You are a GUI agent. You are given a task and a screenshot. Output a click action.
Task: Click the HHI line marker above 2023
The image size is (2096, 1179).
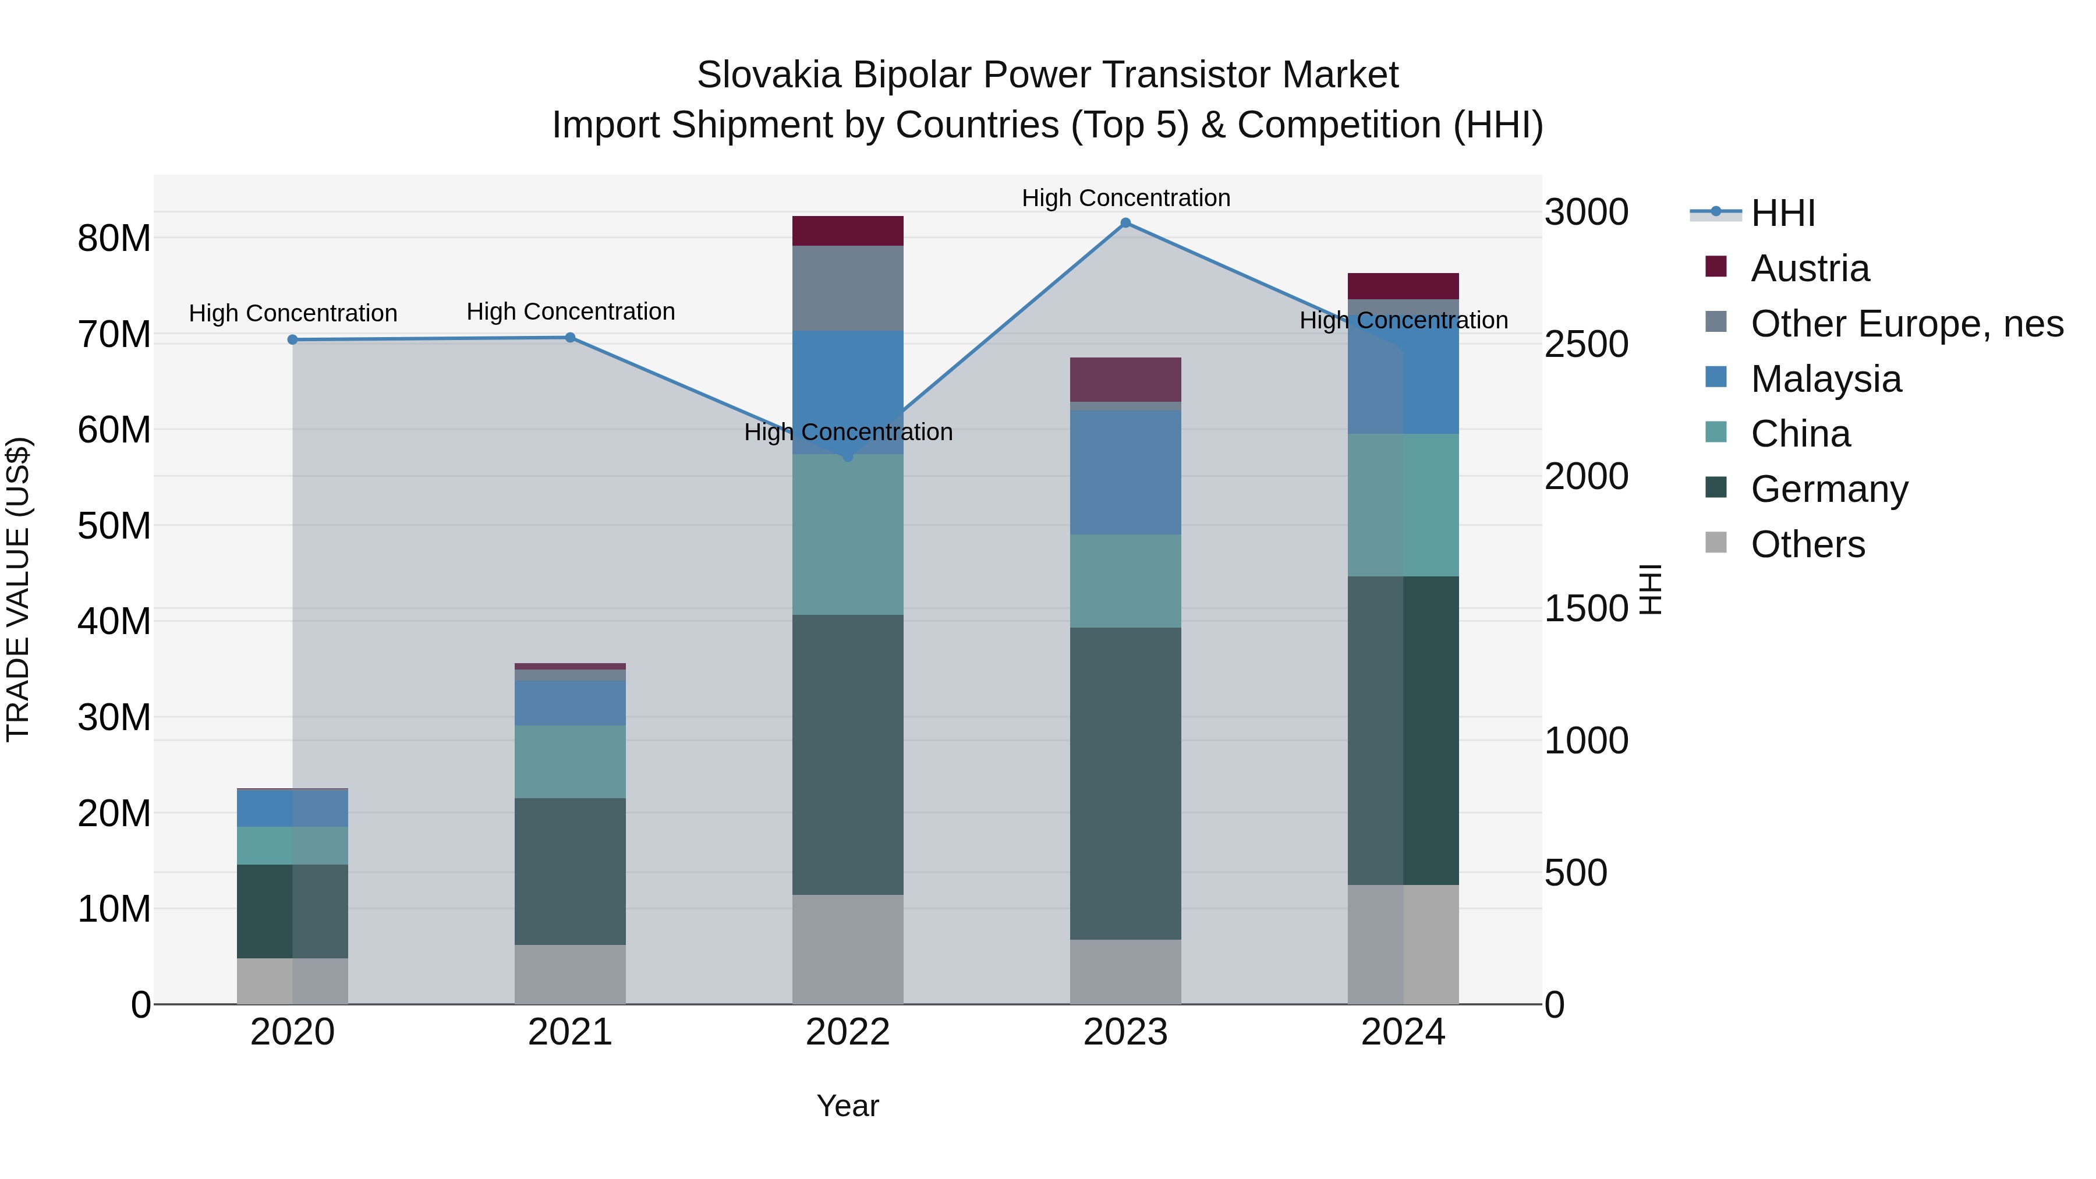(1125, 223)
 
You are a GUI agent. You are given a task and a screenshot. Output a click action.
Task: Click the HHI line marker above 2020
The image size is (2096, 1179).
(293, 340)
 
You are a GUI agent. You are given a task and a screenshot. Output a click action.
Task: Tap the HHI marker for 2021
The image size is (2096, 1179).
(571, 338)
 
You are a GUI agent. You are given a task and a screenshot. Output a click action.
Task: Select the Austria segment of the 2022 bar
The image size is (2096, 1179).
(848, 231)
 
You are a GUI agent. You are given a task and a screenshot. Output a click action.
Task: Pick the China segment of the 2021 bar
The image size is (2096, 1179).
(571, 762)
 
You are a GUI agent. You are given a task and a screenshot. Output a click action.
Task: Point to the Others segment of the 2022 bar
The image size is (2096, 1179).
(848, 949)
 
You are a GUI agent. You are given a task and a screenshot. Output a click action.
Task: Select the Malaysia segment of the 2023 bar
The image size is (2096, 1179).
(1125, 472)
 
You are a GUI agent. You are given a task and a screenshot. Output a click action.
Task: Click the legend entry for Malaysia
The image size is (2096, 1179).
(1825, 379)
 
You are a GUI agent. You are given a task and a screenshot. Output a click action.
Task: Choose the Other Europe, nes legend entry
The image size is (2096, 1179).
(1906, 324)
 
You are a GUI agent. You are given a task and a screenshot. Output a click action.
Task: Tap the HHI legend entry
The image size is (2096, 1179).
(1782, 213)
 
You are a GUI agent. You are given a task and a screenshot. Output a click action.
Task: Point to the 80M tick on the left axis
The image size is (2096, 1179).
(114, 239)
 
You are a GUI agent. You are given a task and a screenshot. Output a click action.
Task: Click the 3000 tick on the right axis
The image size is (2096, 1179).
(1586, 213)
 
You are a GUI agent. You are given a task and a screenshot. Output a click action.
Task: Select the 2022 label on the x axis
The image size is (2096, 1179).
(848, 1032)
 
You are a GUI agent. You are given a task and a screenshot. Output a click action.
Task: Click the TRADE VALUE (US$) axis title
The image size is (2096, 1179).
(18, 589)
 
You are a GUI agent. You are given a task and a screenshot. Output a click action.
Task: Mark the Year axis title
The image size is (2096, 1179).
(848, 1106)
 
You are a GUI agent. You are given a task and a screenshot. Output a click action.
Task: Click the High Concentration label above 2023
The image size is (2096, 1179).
(1125, 198)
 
